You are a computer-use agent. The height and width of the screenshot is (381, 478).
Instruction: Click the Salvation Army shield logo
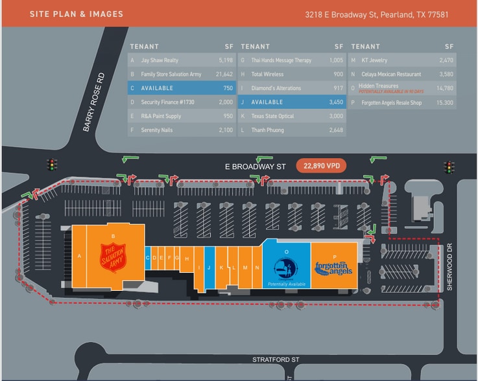112,256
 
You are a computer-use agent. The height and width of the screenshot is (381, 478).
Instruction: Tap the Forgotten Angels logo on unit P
333,268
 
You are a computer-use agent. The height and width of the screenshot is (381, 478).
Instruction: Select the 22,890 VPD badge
321,166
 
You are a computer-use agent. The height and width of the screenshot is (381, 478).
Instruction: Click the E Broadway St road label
255,167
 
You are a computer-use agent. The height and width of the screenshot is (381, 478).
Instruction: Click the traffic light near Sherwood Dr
448,167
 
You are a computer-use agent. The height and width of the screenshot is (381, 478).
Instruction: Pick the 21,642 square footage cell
223,75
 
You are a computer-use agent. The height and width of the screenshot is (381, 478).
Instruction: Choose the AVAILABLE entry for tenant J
267,102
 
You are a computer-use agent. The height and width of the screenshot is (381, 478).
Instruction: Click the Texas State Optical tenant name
272,117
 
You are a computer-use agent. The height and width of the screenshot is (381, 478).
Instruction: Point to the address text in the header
377,14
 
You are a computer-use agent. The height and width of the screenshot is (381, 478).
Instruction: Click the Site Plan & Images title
76,14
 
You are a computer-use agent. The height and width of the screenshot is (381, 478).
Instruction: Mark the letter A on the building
79,256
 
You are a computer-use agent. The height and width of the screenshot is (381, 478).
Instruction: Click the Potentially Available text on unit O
286,284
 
